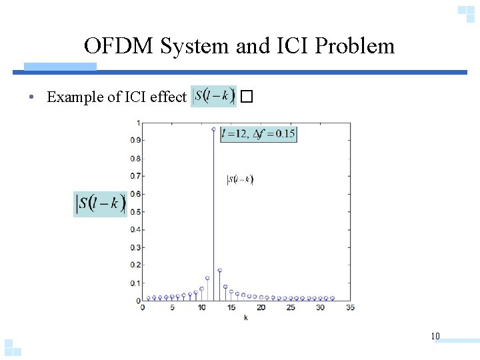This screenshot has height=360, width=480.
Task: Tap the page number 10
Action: (435, 336)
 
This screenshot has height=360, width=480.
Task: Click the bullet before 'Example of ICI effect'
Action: (32, 97)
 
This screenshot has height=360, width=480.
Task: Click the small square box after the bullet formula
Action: (247, 97)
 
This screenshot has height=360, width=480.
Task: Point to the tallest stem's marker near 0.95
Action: (213, 129)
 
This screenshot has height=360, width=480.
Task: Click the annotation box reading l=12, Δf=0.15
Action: (258, 133)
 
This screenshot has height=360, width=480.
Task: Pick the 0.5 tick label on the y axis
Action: (135, 212)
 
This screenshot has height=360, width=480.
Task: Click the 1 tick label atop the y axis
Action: (138, 123)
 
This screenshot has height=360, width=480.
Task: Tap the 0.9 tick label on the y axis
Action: (135, 141)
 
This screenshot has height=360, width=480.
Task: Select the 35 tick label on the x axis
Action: (351, 307)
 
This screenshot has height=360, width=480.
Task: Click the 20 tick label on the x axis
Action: (261, 307)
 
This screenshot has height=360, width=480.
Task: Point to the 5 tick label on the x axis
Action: (172, 307)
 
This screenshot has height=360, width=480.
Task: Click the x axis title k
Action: (245, 318)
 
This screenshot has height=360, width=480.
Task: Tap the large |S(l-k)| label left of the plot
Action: (100, 203)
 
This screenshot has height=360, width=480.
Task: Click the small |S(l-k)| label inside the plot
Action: (240, 179)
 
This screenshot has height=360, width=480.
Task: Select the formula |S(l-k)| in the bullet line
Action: (213, 96)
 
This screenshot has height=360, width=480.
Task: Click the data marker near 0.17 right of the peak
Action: (219, 271)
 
